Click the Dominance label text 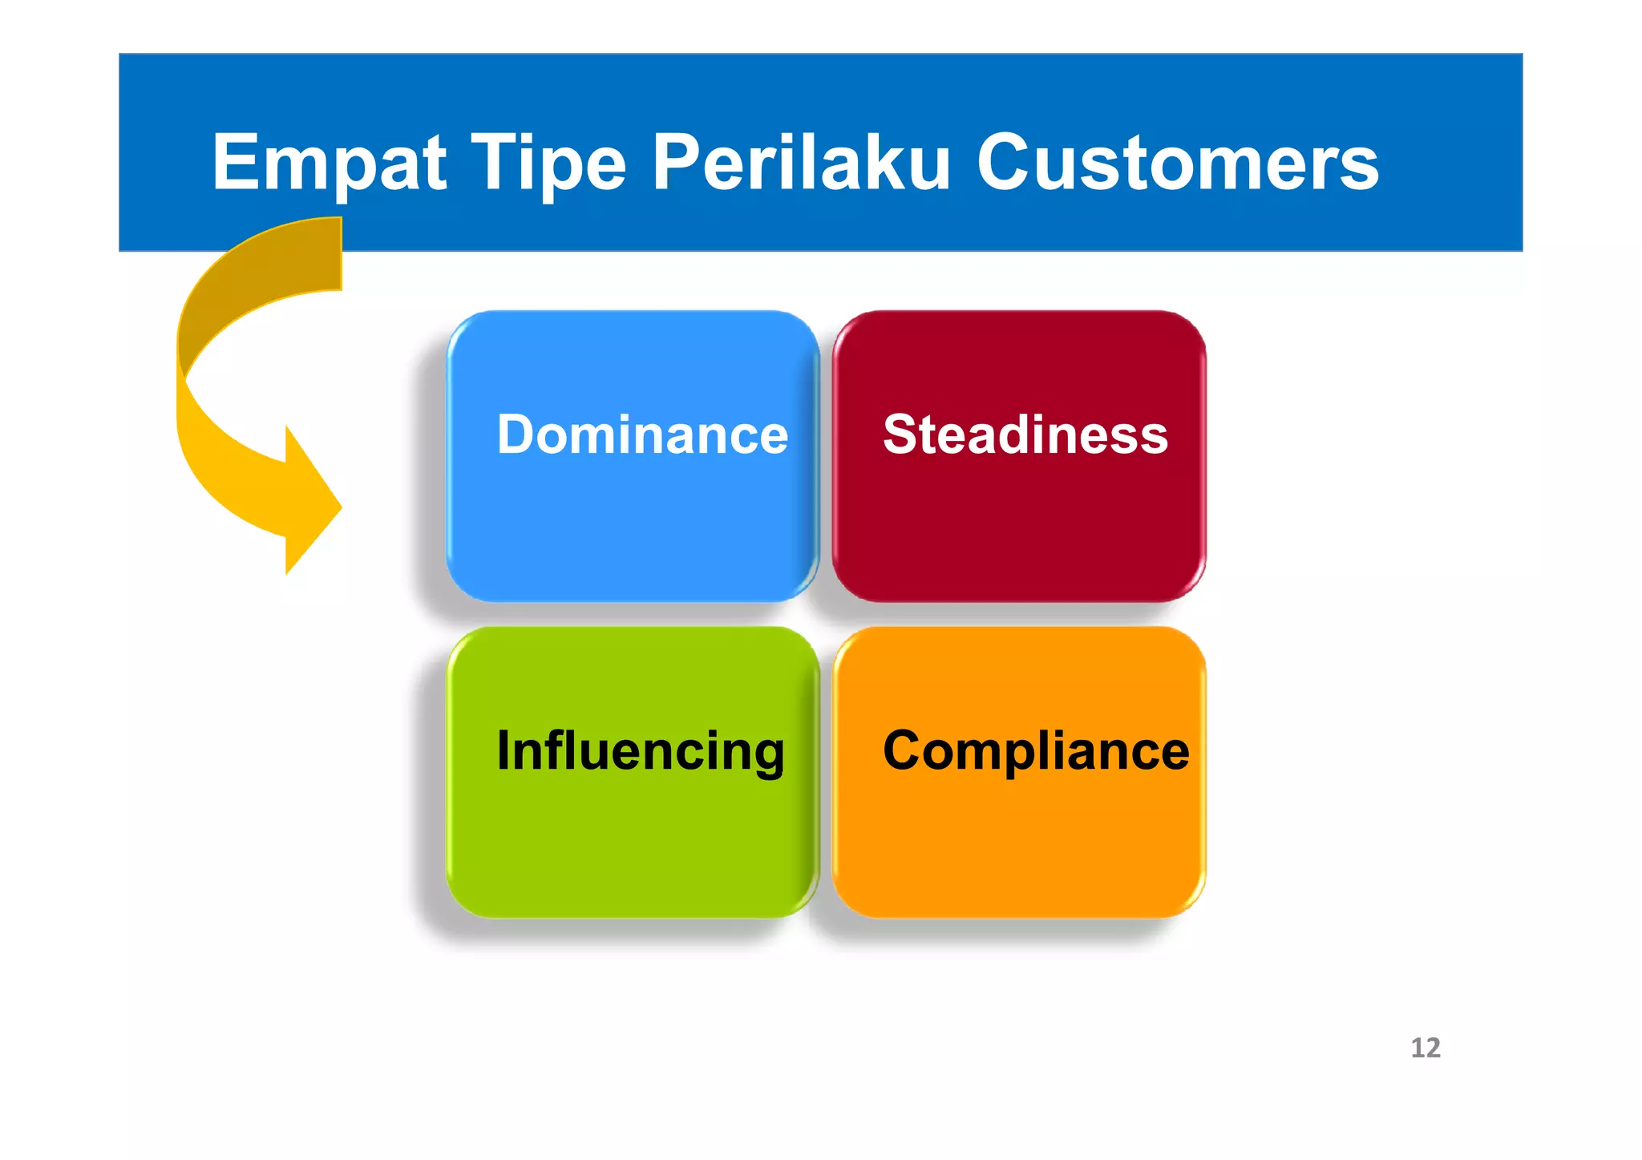click(x=642, y=434)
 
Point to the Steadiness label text click(x=1025, y=434)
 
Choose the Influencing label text click(x=641, y=751)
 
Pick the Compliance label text click(x=1036, y=751)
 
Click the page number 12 click(x=1425, y=1048)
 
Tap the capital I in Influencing click(x=503, y=751)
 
